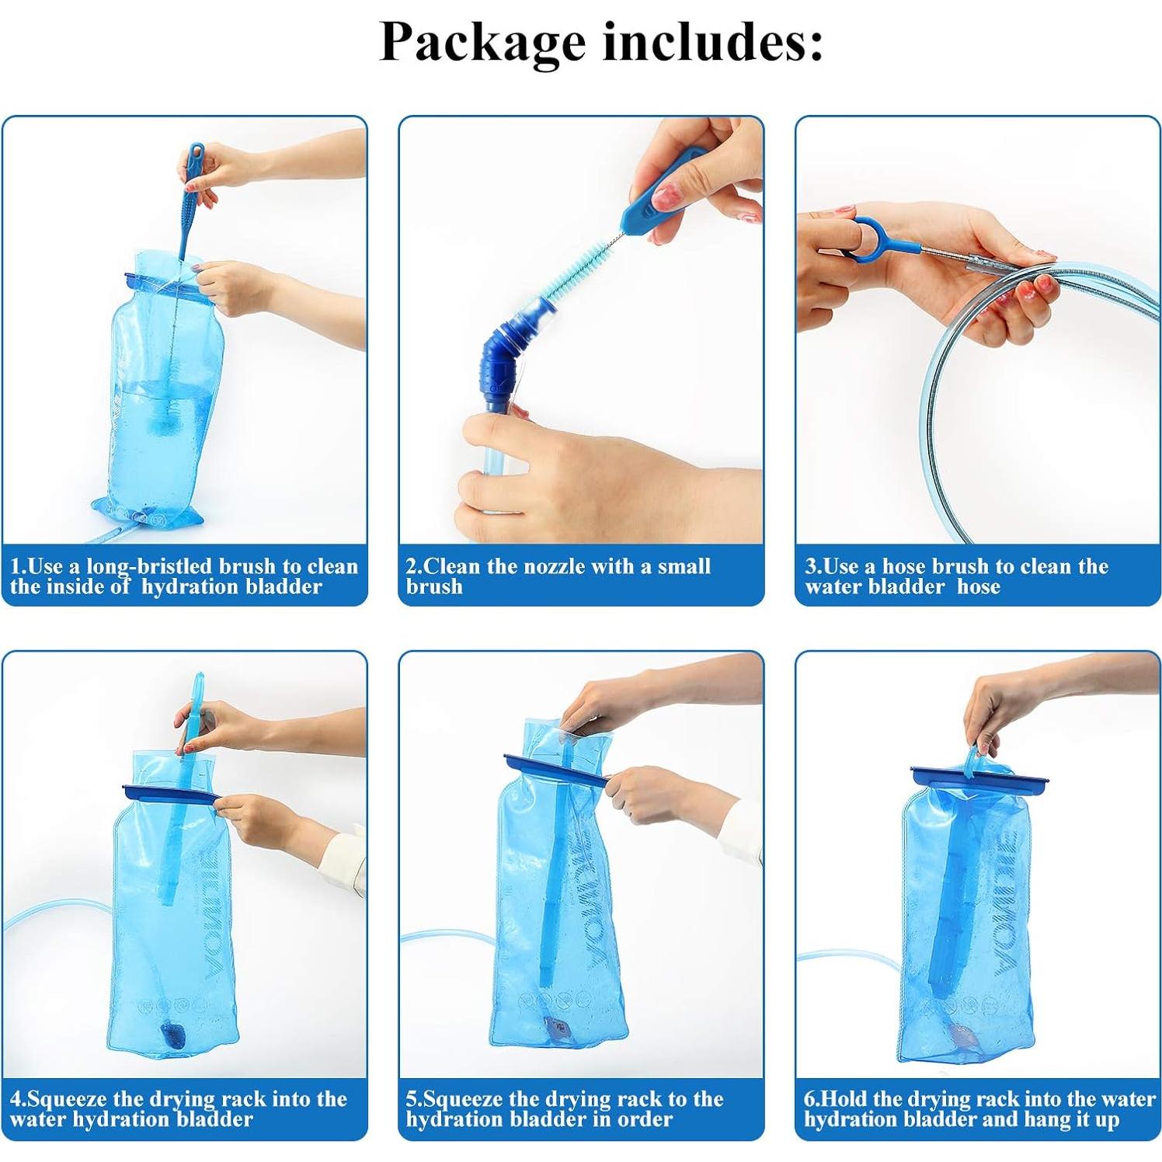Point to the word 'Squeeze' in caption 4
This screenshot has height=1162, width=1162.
(68, 1099)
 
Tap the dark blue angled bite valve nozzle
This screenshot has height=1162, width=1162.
(506, 360)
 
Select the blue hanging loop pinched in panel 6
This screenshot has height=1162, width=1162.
(972, 760)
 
